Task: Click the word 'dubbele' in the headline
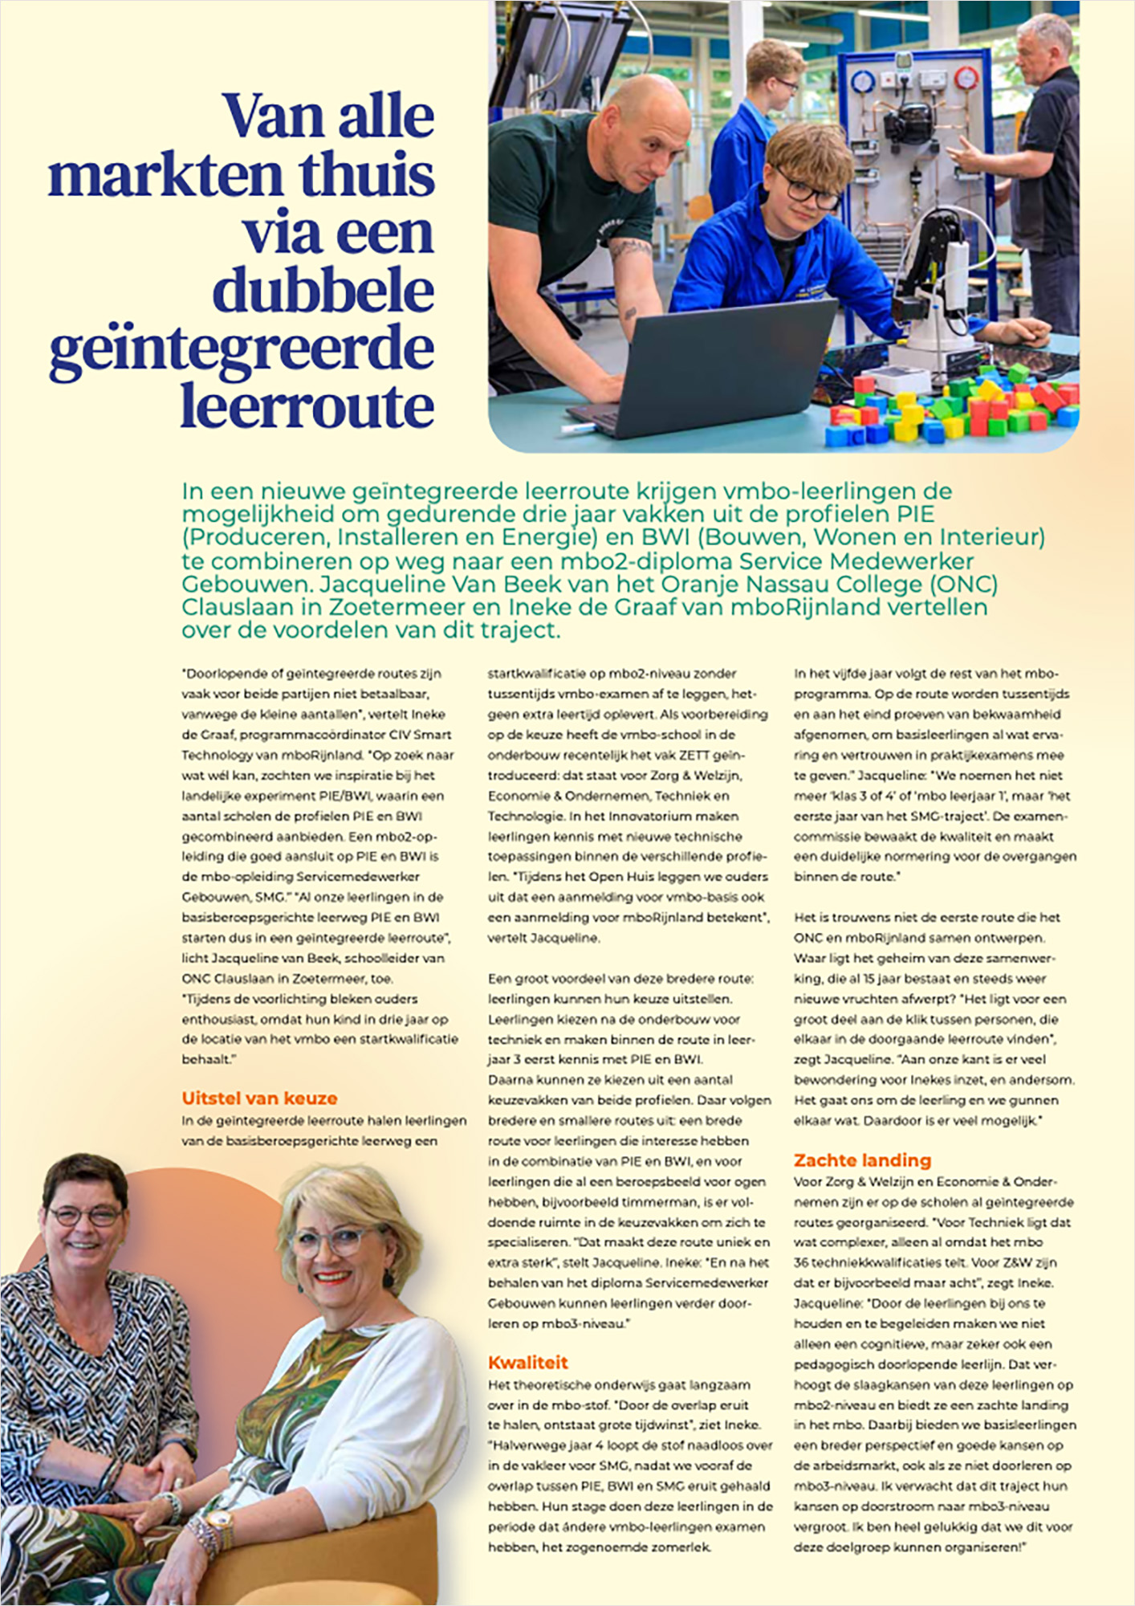coord(323,291)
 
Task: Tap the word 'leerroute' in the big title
coord(307,407)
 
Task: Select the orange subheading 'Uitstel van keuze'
coord(259,1099)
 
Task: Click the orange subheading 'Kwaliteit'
coord(528,1362)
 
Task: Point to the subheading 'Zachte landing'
coord(862,1160)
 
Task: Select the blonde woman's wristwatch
coord(218,1520)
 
